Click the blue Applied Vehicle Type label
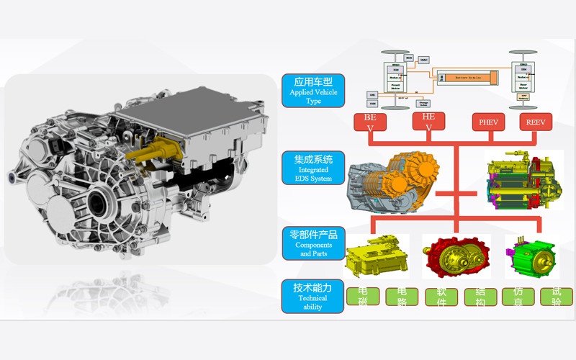coord(314,91)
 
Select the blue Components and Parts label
coord(314,243)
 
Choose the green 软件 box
coord(441,297)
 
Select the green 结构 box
coord(480,297)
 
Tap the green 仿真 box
coord(517,297)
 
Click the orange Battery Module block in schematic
coord(468,76)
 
